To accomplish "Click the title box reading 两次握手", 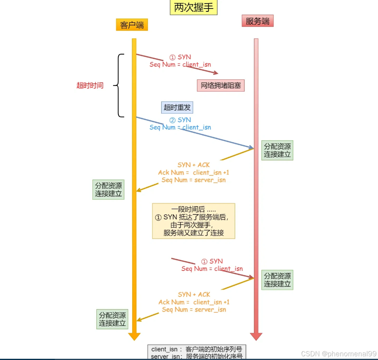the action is click(193, 8).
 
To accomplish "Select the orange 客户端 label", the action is click(132, 25).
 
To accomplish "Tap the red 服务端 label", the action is click(257, 21).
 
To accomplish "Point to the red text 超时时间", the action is click(90, 85).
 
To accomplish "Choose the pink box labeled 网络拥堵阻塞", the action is click(221, 85).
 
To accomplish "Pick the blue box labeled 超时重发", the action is click(177, 107).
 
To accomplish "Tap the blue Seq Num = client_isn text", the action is click(180, 127).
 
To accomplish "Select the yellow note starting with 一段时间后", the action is click(194, 221).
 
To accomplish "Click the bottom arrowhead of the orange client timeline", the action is click(134, 336).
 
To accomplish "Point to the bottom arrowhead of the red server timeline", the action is click(256, 336).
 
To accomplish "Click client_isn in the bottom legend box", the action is click(164, 349).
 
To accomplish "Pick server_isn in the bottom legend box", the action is click(164, 357).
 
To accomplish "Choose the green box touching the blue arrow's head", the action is click(277, 151).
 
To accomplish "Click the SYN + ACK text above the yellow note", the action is click(194, 165).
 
